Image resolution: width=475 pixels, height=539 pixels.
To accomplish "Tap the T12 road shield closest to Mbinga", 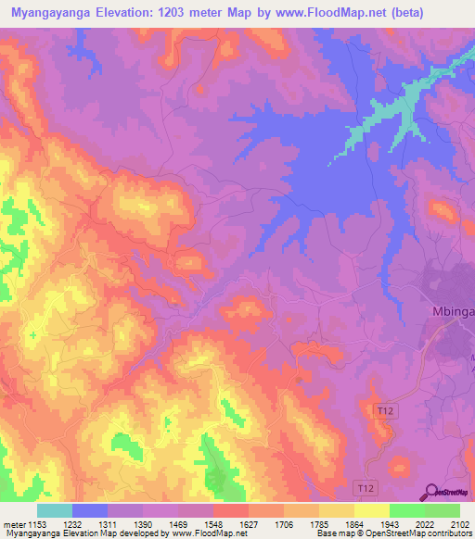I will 384,408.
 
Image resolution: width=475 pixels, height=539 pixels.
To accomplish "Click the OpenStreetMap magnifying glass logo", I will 430,492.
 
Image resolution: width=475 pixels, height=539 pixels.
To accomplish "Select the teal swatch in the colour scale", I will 54,510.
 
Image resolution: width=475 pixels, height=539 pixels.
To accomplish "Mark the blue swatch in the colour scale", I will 89,510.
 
